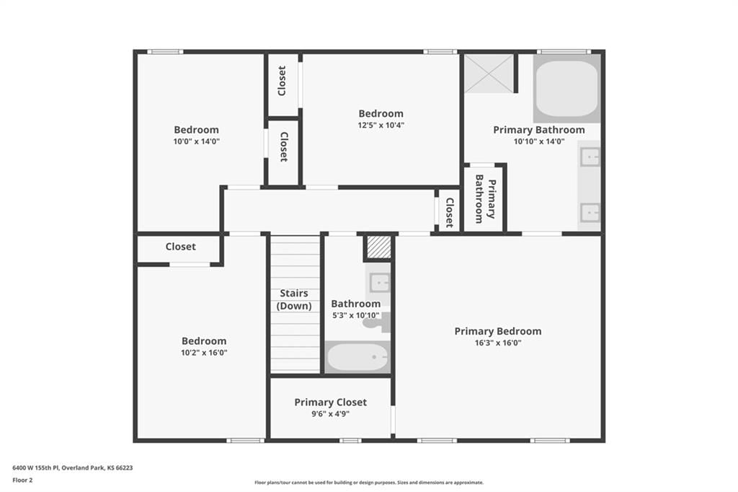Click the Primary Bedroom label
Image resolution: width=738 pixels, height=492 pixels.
(x=497, y=331)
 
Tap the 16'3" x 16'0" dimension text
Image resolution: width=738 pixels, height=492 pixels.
(x=497, y=343)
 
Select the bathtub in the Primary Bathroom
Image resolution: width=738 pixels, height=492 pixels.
(x=566, y=89)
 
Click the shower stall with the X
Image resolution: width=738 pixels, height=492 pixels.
(x=489, y=74)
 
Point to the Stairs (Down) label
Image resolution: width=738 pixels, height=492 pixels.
(x=294, y=299)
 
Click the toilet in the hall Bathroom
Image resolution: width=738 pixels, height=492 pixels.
(x=375, y=322)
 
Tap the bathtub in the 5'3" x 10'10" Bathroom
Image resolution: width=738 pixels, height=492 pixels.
(x=357, y=357)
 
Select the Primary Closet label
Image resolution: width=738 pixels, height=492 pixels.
(x=330, y=403)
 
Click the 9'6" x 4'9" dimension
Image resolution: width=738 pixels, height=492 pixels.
(x=330, y=414)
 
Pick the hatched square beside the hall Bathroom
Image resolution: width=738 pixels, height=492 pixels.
(x=379, y=247)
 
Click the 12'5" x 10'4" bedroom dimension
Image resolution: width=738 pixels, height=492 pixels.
(x=381, y=126)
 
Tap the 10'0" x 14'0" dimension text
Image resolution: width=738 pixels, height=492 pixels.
(x=196, y=141)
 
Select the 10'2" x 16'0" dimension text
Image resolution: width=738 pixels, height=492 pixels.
(x=204, y=353)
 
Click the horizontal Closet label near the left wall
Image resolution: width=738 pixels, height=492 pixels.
(x=181, y=247)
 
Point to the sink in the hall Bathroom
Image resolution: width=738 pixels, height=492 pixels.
(x=379, y=283)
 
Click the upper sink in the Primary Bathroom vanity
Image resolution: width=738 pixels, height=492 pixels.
(x=590, y=157)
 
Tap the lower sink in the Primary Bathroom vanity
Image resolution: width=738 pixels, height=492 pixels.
(x=590, y=213)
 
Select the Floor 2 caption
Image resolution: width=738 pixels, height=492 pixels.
(x=22, y=480)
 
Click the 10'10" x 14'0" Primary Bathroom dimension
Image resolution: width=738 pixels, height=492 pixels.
(x=539, y=141)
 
